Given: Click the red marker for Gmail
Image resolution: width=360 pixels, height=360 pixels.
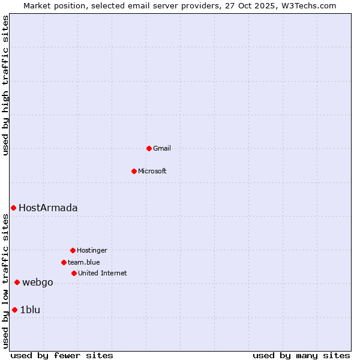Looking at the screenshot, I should (149, 148).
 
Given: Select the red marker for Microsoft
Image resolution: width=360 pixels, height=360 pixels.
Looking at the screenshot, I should (134, 171).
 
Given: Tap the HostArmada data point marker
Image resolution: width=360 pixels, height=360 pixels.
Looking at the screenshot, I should (13, 208).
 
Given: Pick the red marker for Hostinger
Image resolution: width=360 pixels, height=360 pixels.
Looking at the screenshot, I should (73, 250).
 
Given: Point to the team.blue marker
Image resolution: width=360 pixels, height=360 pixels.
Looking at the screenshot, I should (64, 262).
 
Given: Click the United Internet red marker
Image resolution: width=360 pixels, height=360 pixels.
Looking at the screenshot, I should (74, 273).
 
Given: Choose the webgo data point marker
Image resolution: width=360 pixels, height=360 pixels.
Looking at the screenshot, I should (17, 282).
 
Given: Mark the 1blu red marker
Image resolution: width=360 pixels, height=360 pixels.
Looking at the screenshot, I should (14, 310).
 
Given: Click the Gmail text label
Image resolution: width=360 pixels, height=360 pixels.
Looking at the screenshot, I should (162, 148).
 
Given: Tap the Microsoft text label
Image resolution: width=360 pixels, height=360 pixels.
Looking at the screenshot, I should (152, 171).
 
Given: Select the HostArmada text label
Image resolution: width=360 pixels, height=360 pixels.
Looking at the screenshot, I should (48, 208).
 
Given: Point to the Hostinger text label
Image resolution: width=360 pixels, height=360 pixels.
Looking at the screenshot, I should (92, 250).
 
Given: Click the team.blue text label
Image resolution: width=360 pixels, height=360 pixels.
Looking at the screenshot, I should (84, 262).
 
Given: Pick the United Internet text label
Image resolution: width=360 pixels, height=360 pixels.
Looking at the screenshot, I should (103, 273).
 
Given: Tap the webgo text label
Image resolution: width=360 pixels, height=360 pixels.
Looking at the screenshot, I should (38, 283).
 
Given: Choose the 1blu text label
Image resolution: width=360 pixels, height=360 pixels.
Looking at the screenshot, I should (30, 310).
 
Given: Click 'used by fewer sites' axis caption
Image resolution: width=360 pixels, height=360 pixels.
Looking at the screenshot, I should (62, 355).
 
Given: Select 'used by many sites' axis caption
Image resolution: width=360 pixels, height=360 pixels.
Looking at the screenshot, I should (301, 355).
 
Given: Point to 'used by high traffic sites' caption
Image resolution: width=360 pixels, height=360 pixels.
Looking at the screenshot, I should (6, 85).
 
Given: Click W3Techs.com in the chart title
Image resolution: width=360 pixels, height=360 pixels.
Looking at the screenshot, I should (309, 5).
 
